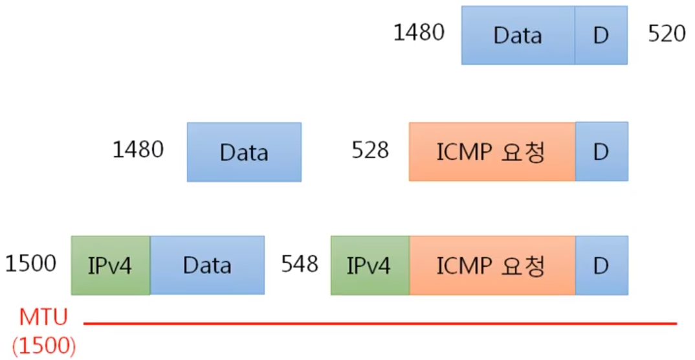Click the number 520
667,34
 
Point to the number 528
370,151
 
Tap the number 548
300,264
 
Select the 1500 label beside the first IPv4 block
30,264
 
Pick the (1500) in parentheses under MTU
44,345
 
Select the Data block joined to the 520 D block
518,35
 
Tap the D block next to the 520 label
601,35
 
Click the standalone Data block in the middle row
244,152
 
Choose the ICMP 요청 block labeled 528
492,152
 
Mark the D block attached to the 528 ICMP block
601,152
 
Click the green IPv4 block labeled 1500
111,265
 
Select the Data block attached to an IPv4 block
207,265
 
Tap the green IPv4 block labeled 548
370,265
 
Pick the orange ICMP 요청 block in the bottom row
492,265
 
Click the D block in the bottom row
601,265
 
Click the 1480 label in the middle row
138,150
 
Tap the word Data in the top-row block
517,35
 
